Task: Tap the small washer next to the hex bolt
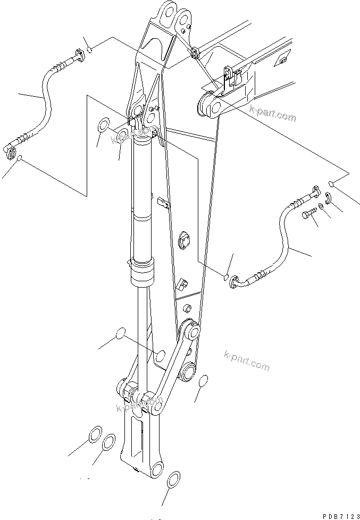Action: [x=322, y=206]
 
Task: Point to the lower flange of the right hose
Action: [x=233, y=285]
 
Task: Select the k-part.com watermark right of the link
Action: [x=247, y=362]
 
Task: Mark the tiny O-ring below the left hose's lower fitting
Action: [x=20, y=158]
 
